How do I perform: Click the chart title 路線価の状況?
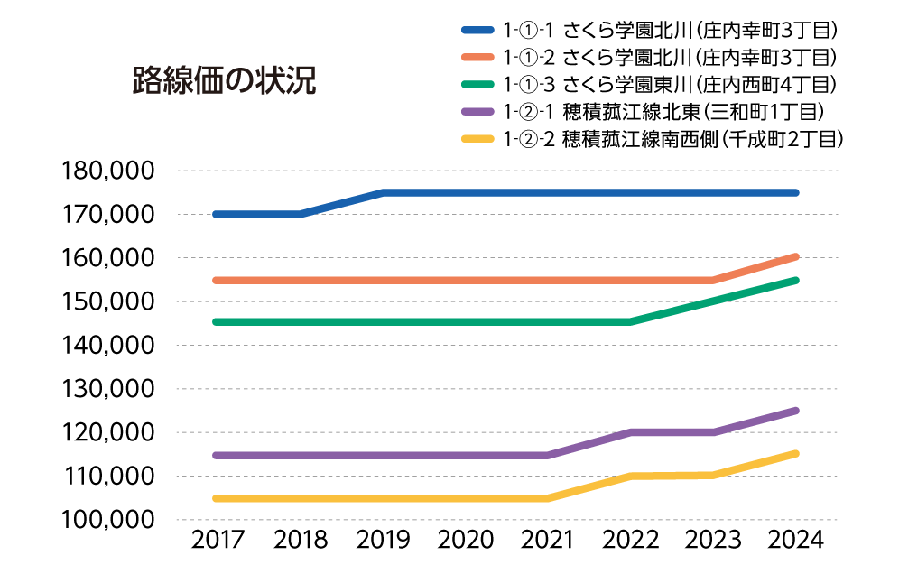[x=224, y=80]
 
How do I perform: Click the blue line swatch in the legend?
[x=477, y=31]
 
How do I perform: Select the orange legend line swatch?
[x=477, y=58]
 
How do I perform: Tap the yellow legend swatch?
[x=477, y=139]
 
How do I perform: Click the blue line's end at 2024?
[x=795, y=192]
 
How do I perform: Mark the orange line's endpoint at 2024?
[x=795, y=256]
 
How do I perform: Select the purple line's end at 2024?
[x=795, y=411]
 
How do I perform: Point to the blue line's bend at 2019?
[x=384, y=192]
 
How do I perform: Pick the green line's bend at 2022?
[x=631, y=322]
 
